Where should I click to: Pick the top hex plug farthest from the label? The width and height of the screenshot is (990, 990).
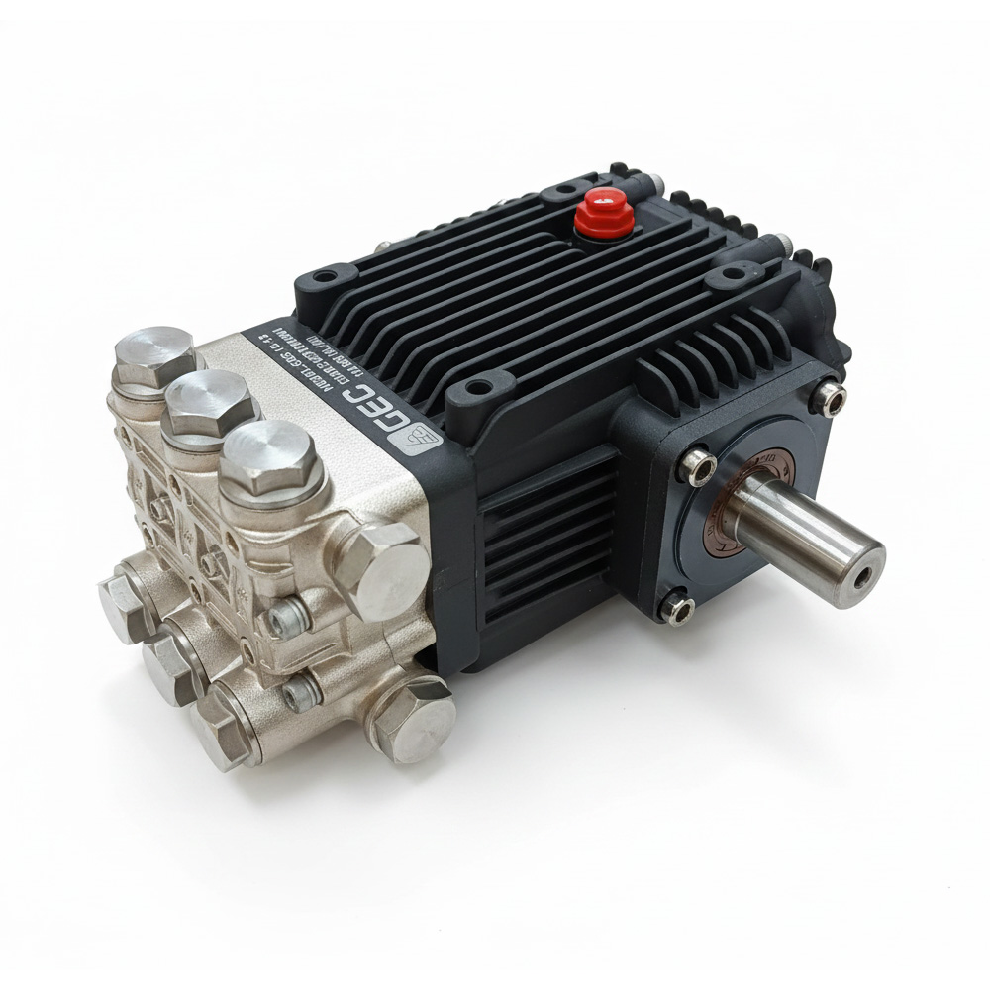click(154, 354)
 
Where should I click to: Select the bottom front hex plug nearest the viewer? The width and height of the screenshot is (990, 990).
click(224, 734)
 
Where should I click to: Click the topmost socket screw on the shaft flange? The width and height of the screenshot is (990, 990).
click(827, 398)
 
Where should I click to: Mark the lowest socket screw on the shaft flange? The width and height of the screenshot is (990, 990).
click(677, 606)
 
